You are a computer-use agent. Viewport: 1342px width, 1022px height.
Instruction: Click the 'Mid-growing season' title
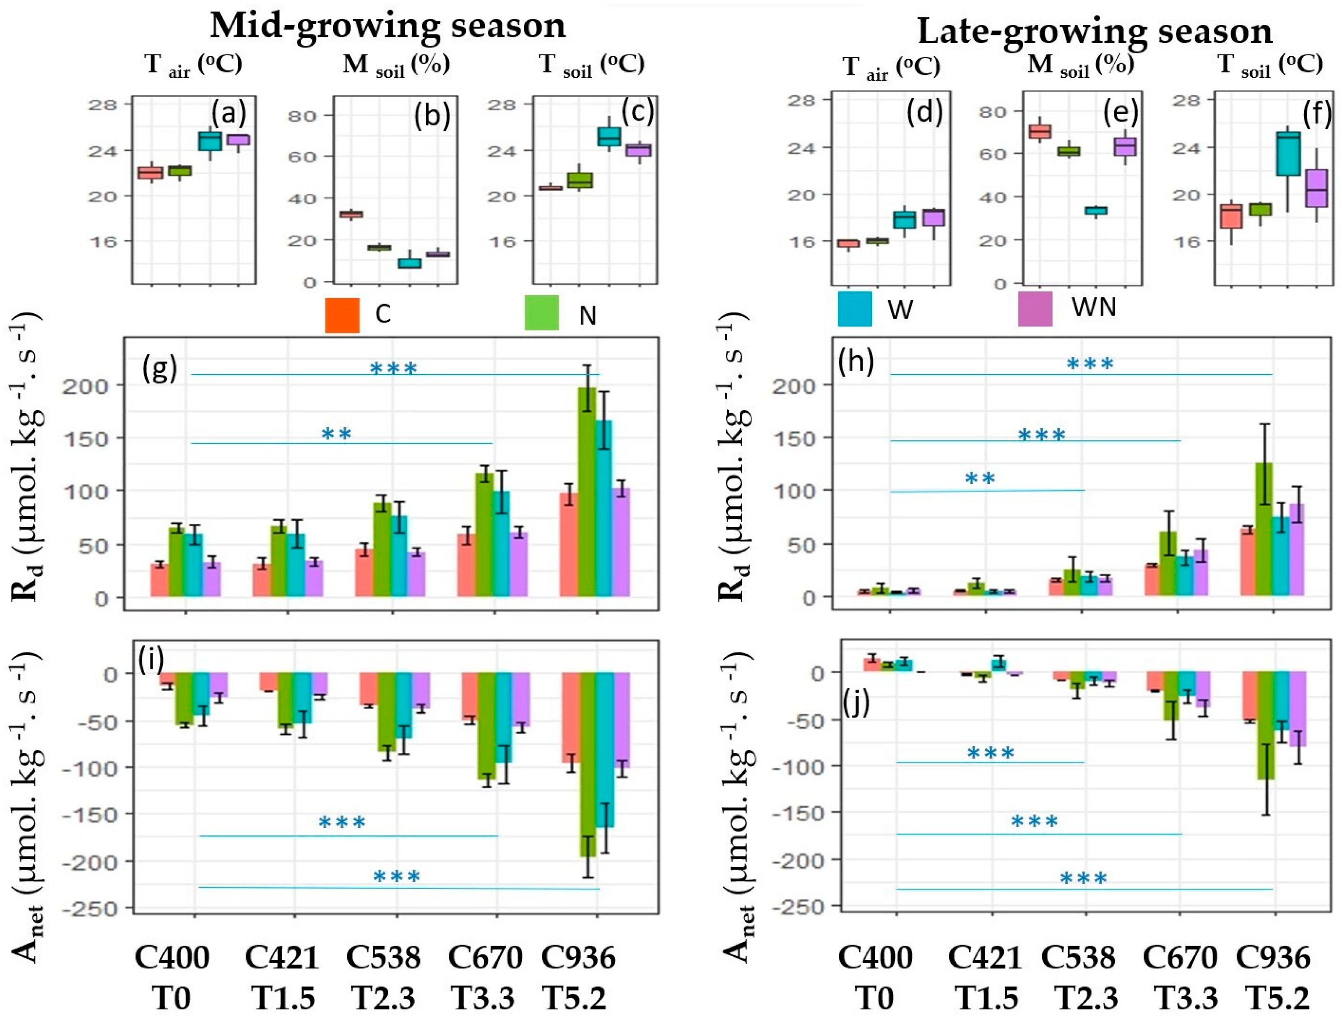coord(388,26)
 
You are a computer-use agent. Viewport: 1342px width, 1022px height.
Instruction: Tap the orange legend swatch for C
coord(342,315)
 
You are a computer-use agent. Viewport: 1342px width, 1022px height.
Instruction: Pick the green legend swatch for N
coord(541,313)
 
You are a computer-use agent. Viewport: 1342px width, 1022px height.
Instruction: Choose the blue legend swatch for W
coord(854,309)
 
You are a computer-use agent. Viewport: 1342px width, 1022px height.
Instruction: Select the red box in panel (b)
coord(351,214)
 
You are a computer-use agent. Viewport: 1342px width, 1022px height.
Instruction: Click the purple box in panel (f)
coord(1316,189)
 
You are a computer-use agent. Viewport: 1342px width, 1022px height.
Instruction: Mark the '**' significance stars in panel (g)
coord(336,434)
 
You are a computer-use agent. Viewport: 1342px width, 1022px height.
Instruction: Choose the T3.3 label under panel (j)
coord(1180,998)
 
